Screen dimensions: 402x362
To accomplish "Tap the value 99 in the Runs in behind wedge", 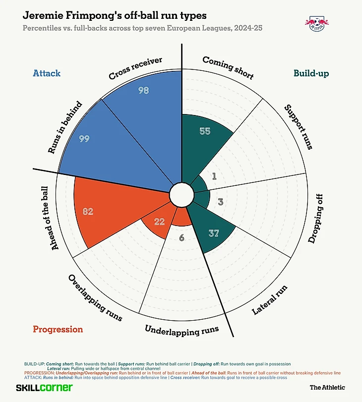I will pos(84,139).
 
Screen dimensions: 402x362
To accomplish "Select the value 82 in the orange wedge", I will pos(88,212).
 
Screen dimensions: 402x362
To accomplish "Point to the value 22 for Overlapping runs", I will pos(159,222).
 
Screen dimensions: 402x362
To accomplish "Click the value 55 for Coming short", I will pos(205,131).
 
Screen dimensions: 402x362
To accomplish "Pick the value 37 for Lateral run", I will pos(214,233).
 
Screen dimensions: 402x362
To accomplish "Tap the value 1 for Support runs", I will pos(214,176).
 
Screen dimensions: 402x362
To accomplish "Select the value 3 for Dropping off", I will pos(221,202).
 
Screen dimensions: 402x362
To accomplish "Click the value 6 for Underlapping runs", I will pos(181,238).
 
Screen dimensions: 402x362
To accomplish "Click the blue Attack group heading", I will pos(47,73).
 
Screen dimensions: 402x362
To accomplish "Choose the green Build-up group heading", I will pos(311,73).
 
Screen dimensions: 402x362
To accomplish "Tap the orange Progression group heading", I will pos(58,329).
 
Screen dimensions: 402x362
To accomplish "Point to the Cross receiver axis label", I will pos(136,69).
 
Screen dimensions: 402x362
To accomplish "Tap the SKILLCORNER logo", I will pos(45,388).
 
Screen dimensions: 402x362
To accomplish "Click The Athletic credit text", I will pos(327,388).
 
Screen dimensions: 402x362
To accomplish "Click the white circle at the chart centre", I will pos(181,195).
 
